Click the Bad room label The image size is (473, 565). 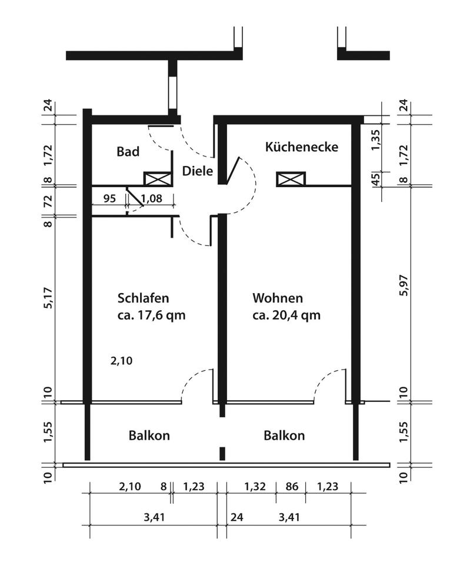pos(128,152)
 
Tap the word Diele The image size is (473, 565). pos(198,171)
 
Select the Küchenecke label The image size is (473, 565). pos(302,147)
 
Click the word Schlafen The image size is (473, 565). pos(143,298)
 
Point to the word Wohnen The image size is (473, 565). pos(278,298)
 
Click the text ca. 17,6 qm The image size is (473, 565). pos(151,315)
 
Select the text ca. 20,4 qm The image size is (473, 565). pos(287,315)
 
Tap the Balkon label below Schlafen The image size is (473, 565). pos(149,436)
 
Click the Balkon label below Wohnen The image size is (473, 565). pos(284,436)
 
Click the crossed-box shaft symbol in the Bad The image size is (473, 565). pos(158,179)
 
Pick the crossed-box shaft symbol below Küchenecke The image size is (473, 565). pos(291,179)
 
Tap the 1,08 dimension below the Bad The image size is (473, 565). pos(151,198)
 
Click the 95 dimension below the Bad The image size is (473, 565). pos(109,198)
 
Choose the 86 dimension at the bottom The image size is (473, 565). pos(292,487)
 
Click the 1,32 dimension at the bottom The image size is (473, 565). pos(255,487)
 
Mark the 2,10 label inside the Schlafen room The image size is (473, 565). pos(121,361)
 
